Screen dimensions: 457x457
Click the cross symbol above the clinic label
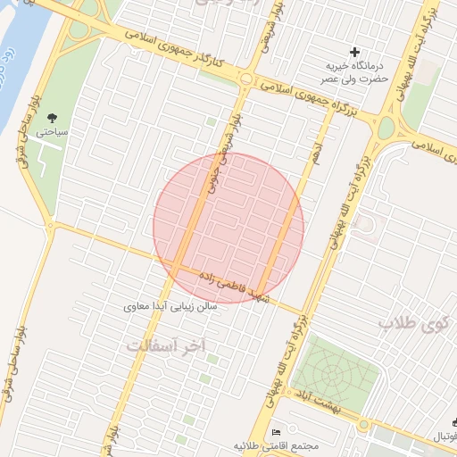pyautogui.click(x=356, y=53)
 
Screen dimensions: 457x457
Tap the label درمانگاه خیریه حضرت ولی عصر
pyautogui.click(x=356, y=71)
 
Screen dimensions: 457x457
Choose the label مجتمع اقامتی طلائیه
pyautogui.click(x=275, y=445)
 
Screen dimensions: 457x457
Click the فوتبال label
pyautogui.click(x=442, y=437)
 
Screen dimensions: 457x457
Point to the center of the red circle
pyautogui.click(x=228, y=228)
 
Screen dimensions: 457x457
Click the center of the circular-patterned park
pyautogui.click(x=331, y=365)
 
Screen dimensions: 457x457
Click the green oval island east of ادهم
pyautogui.click(x=386, y=128)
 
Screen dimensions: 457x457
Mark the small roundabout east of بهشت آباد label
pyautogui.click(x=364, y=425)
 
